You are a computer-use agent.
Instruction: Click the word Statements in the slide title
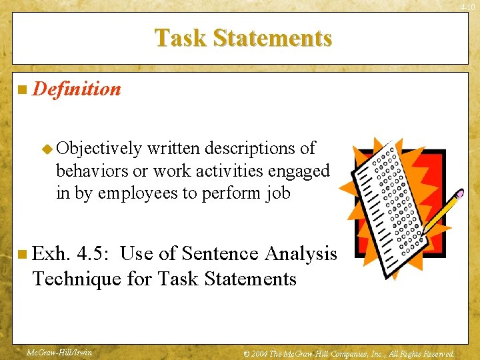point(273,38)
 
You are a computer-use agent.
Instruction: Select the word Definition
point(77,89)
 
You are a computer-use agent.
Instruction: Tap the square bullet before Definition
point(23,89)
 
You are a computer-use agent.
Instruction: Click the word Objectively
point(100,148)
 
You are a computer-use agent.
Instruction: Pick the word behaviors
point(91,171)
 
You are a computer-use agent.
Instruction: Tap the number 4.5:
point(96,253)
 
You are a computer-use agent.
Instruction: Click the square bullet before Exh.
point(23,254)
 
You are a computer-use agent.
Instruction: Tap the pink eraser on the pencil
point(460,194)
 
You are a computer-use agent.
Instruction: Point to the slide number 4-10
point(469,6)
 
